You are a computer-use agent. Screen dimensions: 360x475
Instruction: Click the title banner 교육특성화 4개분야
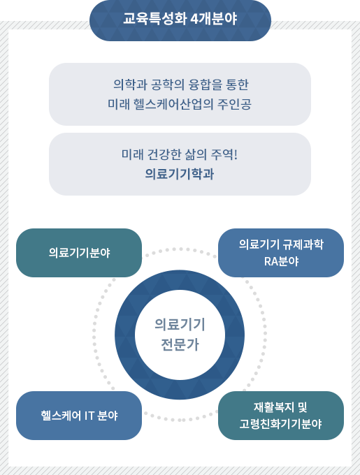pyautogui.click(x=180, y=20)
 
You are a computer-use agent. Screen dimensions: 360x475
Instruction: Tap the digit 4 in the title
pyautogui.click(x=194, y=19)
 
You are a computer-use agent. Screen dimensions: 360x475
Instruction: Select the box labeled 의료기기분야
pyautogui.click(x=79, y=253)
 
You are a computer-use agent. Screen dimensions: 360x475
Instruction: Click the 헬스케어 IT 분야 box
pyautogui.click(x=79, y=416)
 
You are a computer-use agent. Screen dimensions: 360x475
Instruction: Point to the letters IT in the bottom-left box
pyautogui.click(x=89, y=416)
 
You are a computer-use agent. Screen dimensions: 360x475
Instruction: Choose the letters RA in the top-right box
pyautogui.click(x=270, y=261)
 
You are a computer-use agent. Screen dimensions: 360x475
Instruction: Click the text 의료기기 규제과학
pyautogui.click(x=281, y=244)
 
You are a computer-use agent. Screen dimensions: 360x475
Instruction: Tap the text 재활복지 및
pyautogui.click(x=280, y=407)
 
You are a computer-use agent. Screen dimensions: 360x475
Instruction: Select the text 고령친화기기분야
pyautogui.click(x=280, y=424)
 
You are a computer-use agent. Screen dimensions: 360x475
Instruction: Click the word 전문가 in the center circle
pyautogui.click(x=180, y=345)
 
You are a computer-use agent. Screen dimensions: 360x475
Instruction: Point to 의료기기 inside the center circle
pyautogui.click(x=180, y=324)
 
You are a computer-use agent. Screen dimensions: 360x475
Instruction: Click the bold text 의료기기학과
pyautogui.click(x=180, y=174)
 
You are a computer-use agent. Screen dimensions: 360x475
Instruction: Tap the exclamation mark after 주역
pyautogui.click(x=236, y=154)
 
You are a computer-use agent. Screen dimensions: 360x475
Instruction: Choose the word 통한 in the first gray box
pyautogui.click(x=237, y=85)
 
